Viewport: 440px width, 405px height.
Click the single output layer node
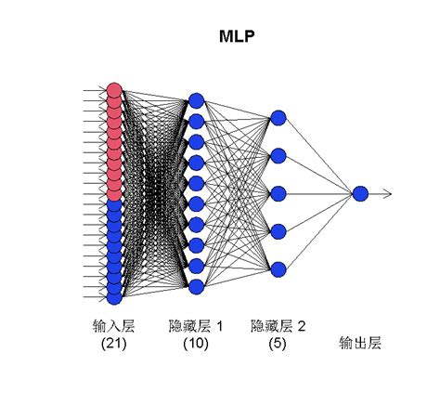(x=360, y=193)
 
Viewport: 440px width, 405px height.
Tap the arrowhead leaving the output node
(x=389, y=193)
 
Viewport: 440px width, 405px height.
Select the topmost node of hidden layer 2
(x=278, y=118)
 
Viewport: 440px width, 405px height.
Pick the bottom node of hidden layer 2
(x=278, y=269)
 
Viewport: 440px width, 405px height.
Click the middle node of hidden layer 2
(x=278, y=193)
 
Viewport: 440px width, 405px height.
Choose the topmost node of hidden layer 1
(x=195, y=99)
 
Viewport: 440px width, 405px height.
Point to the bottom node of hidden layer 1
(x=195, y=287)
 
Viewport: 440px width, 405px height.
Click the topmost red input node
(x=114, y=90)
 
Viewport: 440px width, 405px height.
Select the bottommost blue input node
(x=114, y=298)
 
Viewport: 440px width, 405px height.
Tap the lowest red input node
(x=114, y=194)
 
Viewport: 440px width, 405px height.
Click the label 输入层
(x=113, y=326)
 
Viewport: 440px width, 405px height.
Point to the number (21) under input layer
(x=113, y=344)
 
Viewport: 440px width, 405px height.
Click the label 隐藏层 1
(x=196, y=326)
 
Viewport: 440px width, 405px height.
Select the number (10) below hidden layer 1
(x=195, y=344)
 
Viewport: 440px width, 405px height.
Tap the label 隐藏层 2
(x=278, y=326)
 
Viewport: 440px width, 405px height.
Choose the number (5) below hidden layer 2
(x=278, y=344)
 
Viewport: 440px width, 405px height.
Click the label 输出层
(x=360, y=344)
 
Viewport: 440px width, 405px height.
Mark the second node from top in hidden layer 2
(x=278, y=155)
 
